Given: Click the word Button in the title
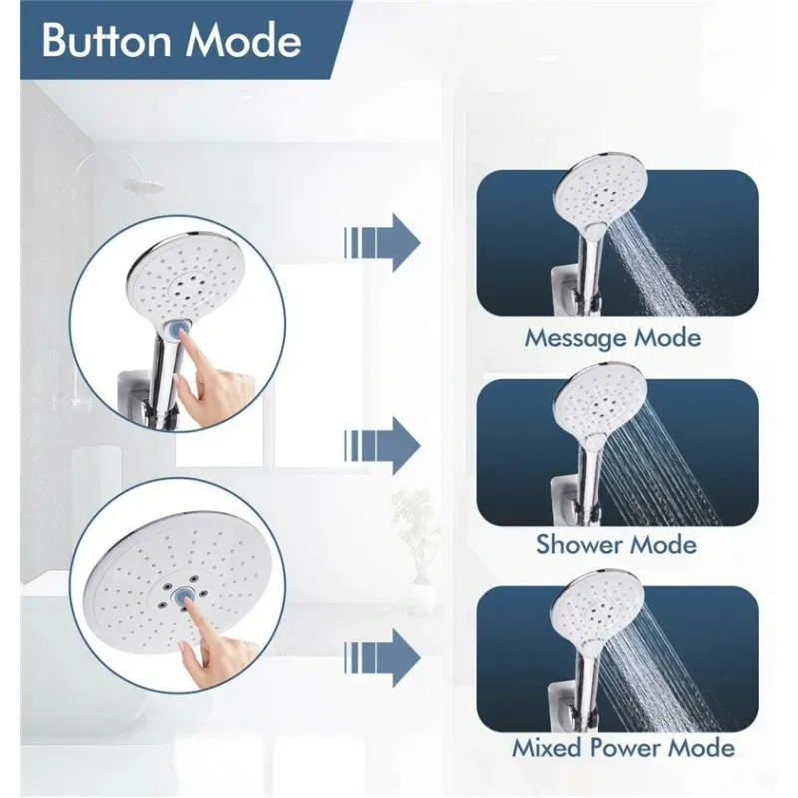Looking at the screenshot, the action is (106, 40).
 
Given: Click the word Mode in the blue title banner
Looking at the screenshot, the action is (243, 40).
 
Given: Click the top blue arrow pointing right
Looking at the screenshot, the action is (382, 243).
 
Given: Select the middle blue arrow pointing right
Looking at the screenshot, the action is (382, 446).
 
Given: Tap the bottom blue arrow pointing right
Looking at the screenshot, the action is (382, 657).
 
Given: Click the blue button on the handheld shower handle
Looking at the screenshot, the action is (177, 329).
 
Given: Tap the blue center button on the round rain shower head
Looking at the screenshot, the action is (182, 596).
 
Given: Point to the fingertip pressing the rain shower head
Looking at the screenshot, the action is (187, 604).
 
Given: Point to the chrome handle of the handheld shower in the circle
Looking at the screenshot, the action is (163, 366).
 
